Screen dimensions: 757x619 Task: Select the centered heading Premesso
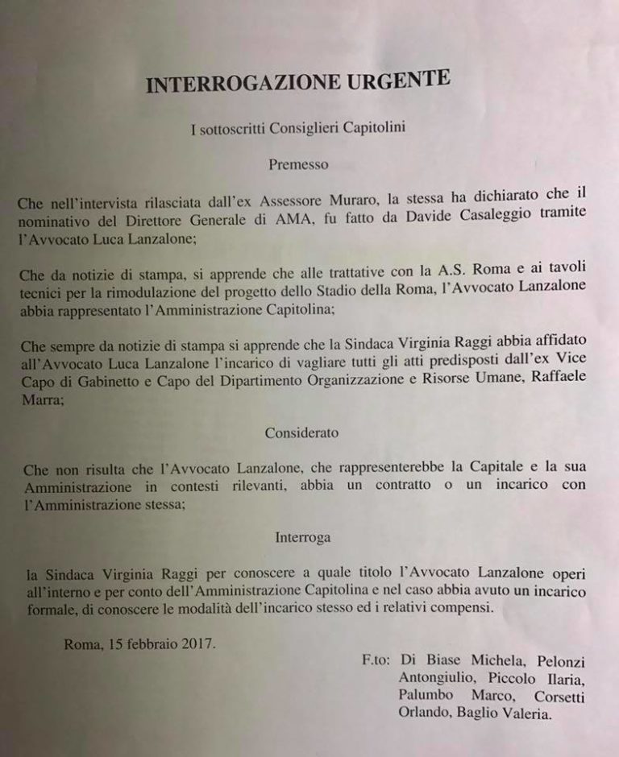point(298,163)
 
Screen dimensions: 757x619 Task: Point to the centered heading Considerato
point(301,432)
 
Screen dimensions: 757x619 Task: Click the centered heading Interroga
point(302,536)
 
